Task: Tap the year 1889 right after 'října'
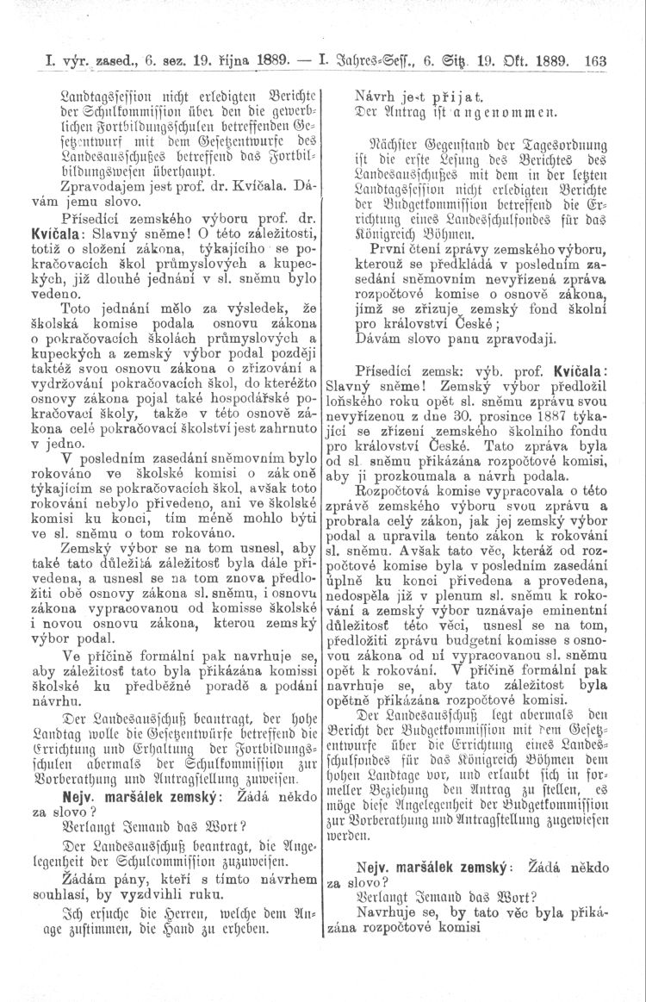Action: pyautogui.click(x=267, y=62)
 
